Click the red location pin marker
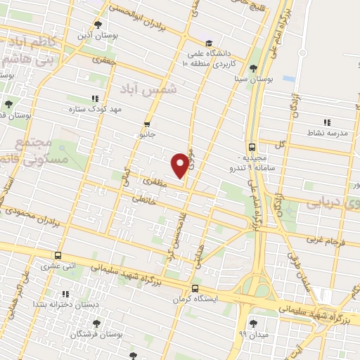click(181, 164)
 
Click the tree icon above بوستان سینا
click(253, 67)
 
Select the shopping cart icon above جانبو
click(147, 120)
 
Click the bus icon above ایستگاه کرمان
click(195, 288)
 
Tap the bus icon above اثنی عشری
click(58, 256)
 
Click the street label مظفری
click(153, 181)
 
